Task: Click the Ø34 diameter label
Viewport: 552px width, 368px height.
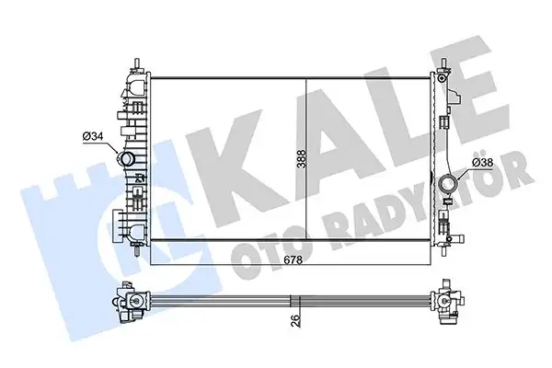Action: [x=93, y=137]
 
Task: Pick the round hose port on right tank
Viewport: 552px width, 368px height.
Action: [x=449, y=185]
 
